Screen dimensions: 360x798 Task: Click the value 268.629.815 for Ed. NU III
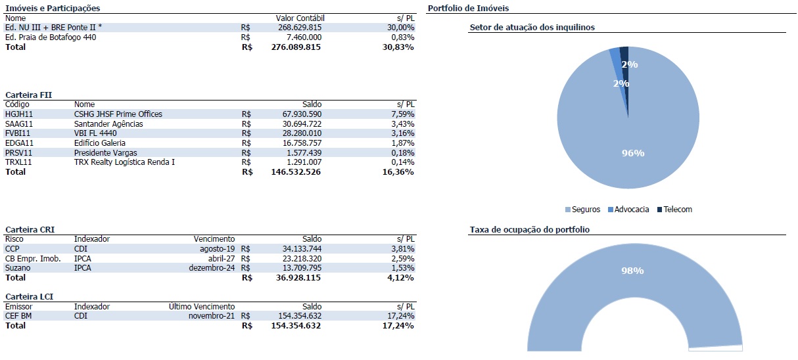pyautogui.click(x=296, y=28)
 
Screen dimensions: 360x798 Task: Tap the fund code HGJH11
pyautogui.click(x=19, y=114)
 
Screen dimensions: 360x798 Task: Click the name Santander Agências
pyautogui.click(x=108, y=124)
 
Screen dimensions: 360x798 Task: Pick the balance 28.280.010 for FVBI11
pyautogui.click(x=298, y=133)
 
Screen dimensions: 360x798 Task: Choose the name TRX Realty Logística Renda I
pyautogui.click(x=124, y=162)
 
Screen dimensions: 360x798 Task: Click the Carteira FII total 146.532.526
pyautogui.click(x=296, y=171)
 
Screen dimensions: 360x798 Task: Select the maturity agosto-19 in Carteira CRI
pyautogui.click(x=217, y=249)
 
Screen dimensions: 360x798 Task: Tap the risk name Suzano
pyautogui.click(x=18, y=268)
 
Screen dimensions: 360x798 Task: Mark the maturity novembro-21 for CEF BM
pyautogui.click(x=211, y=316)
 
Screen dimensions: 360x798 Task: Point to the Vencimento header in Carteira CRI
pyautogui.click(x=214, y=239)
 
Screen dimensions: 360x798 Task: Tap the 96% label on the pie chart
pyautogui.click(x=633, y=153)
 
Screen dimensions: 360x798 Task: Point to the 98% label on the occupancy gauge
pyautogui.click(x=633, y=271)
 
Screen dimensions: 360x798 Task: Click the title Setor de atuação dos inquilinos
pyautogui.click(x=532, y=28)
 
